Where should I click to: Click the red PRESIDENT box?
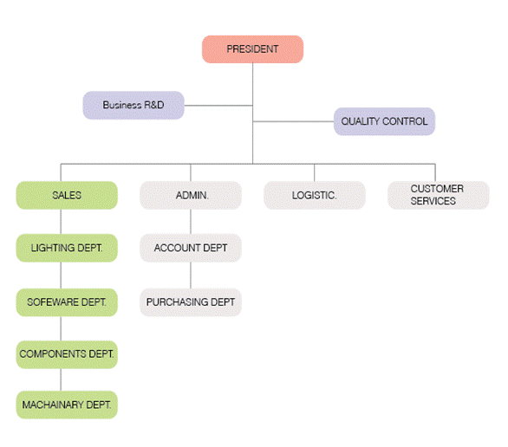click(x=253, y=49)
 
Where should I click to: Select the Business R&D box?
click(x=134, y=105)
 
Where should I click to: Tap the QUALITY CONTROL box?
click(x=384, y=121)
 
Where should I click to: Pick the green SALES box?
click(x=67, y=195)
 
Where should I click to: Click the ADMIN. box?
click(x=191, y=195)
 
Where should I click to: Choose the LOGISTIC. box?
click(x=315, y=195)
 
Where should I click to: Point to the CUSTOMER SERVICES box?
click(x=439, y=195)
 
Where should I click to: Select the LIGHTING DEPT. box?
click(x=67, y=248)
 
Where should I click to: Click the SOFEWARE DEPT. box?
click(x=67, y=302)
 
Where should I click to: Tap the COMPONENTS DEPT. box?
click(x=67, y=354)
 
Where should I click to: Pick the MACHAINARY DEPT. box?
click(x=67, y=405)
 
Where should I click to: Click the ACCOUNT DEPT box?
click(x=191, y=248)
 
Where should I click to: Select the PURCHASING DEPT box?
click(x=191, y=302)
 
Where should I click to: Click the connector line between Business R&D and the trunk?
click(x=218, y=106)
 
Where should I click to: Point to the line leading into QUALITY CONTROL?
click(x=293, y=121)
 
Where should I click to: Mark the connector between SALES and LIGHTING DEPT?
click(x=61, y=222)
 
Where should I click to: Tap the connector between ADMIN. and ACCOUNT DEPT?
click(x=191, y=222)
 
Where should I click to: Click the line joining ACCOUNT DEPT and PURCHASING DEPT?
click(x=191, y=275)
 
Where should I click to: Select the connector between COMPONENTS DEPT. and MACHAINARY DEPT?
click(x=61, y=379)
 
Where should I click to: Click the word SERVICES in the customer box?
click(x=433, y=201)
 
